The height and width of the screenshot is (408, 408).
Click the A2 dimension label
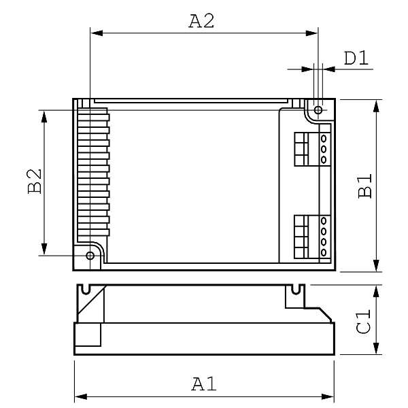[201, 21]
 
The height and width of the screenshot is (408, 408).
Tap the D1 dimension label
[356, 58]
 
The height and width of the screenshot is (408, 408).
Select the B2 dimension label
[35, 182]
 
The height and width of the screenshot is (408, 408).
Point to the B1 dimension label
[364, 186]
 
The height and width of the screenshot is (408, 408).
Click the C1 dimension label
[363, 321]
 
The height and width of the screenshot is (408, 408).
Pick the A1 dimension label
[204, 384]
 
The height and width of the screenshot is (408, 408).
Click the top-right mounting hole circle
[318, 109]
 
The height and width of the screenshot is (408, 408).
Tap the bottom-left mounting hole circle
[90, 256]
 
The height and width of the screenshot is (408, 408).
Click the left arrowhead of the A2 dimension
[97, 33]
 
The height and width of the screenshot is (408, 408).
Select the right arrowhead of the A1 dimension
[328, 397]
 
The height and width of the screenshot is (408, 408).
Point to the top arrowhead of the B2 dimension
[44, 116]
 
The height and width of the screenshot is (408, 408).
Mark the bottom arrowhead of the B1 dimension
[376, 265]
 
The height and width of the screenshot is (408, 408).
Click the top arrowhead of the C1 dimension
[376, 291]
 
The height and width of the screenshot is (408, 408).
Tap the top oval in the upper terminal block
[324, 139]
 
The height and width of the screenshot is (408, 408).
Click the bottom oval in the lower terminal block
[324, 252]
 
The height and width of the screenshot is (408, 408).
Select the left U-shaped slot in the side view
[86, 290]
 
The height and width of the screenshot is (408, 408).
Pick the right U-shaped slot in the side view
[295, 290]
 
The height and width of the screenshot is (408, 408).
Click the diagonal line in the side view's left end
[92, 301]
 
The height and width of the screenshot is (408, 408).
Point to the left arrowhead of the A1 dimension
[81, 397]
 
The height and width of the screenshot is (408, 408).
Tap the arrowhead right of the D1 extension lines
[329, 69]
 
